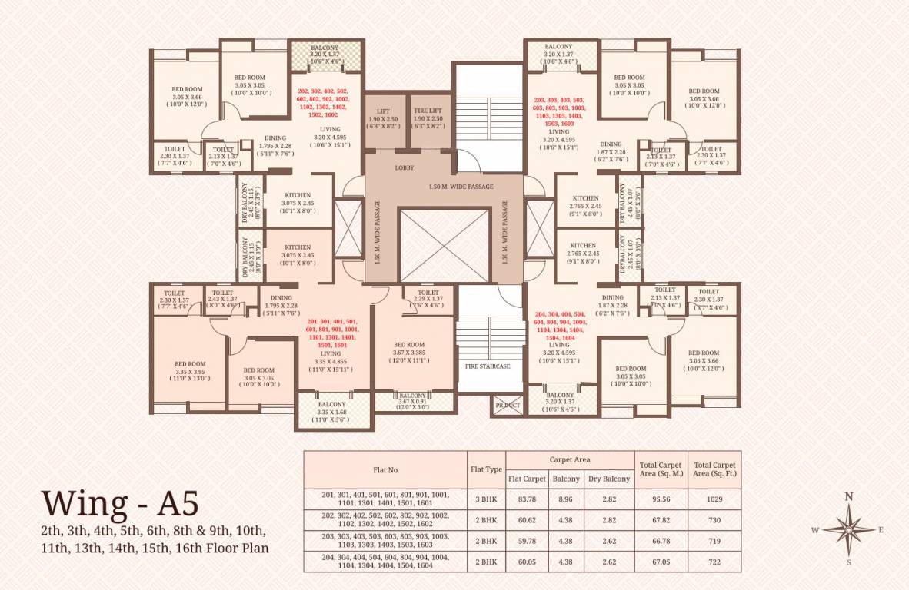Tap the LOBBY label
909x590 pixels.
click(x=405, y=167)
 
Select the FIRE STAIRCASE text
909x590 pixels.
click(x=487, y=366)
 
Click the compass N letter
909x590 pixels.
click(x=849, y=497)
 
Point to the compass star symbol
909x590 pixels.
click(x=849, y=529)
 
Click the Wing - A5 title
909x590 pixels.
click(x=120, y=502)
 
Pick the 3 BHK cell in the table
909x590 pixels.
click(x=486, y=499)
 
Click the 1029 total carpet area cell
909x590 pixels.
click(x=714, y=499)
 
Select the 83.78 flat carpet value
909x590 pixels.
click(x=527, y=499)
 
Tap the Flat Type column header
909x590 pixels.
click(x=486, y=469)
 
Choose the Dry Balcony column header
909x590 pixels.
click(x=608, y=479)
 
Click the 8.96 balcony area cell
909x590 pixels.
click(x=568, y=499)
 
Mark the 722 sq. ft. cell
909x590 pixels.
click(x=714, y=562)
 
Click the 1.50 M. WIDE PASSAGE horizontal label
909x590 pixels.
click(x=461, y=187)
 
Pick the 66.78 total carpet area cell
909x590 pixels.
click(x=661, y=541)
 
